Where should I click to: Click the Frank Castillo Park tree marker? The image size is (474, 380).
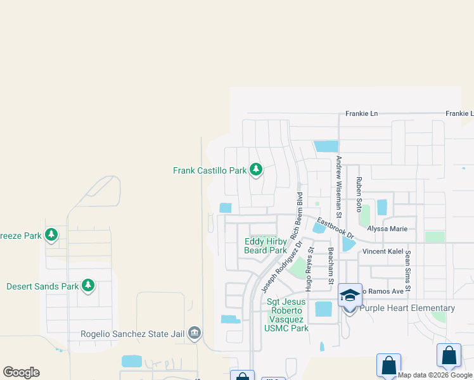(256, 170)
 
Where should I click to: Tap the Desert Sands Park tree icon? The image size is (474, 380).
(89, 286)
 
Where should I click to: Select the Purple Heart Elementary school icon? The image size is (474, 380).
(350, 296)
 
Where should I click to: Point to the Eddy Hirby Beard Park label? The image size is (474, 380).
(266, 246)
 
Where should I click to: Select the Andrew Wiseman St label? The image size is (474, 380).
(339, 184)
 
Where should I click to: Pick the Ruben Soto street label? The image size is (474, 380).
(359, 194)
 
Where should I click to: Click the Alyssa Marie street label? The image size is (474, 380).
(387, 229)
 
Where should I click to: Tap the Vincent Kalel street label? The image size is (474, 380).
(383, 251)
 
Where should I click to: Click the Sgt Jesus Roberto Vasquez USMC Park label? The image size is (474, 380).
(287, 315)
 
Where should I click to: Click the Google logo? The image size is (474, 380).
(21, 372)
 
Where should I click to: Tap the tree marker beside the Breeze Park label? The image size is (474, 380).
(51, 236)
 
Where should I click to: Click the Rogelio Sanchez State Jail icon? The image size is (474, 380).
(195, 333)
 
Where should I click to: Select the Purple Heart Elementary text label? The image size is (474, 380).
(407, 308)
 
